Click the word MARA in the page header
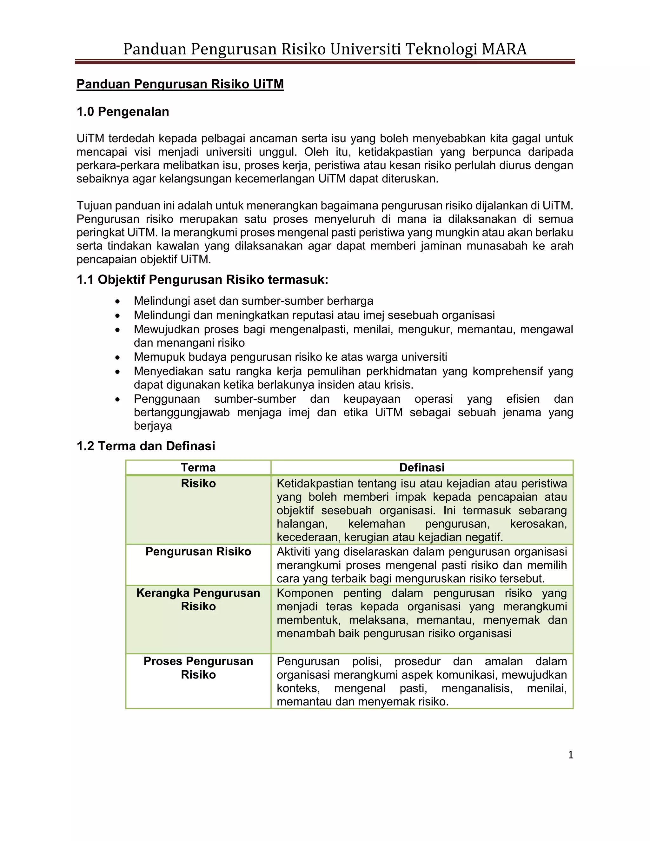coord(504,49)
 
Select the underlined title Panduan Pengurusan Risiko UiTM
coord(180,84)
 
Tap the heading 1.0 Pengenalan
coord(123,112)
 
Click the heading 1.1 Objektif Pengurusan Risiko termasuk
coord(202,280)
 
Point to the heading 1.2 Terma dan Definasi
coord(146,446)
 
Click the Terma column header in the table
coord(198,467)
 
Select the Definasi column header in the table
coord(422,467)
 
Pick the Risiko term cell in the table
coord(198,483)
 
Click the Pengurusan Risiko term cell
coord(198,552)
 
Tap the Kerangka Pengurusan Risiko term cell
coord(198,599)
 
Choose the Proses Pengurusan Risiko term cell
coord(198,668)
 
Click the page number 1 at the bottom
coord(570,755)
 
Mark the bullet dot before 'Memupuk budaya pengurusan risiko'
coord(118,358)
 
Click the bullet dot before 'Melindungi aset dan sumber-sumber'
coord(118,301)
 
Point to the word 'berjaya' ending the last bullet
coord(153,426)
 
